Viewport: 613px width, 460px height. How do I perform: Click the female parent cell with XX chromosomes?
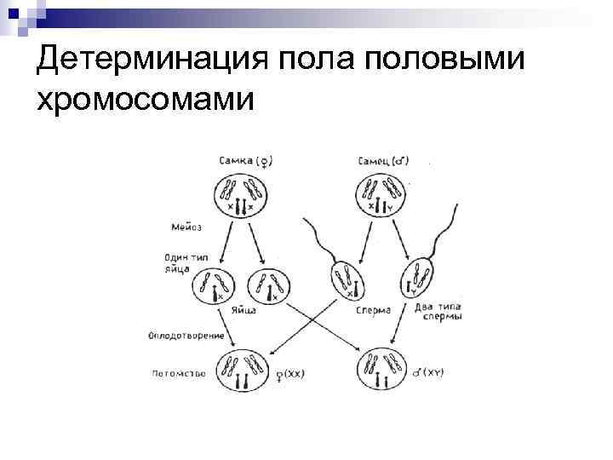click(x=240, y=195)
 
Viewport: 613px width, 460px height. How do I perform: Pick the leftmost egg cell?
click(x=213, y=286)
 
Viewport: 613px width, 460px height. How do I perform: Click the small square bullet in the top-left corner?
click(x=10, y=11)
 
